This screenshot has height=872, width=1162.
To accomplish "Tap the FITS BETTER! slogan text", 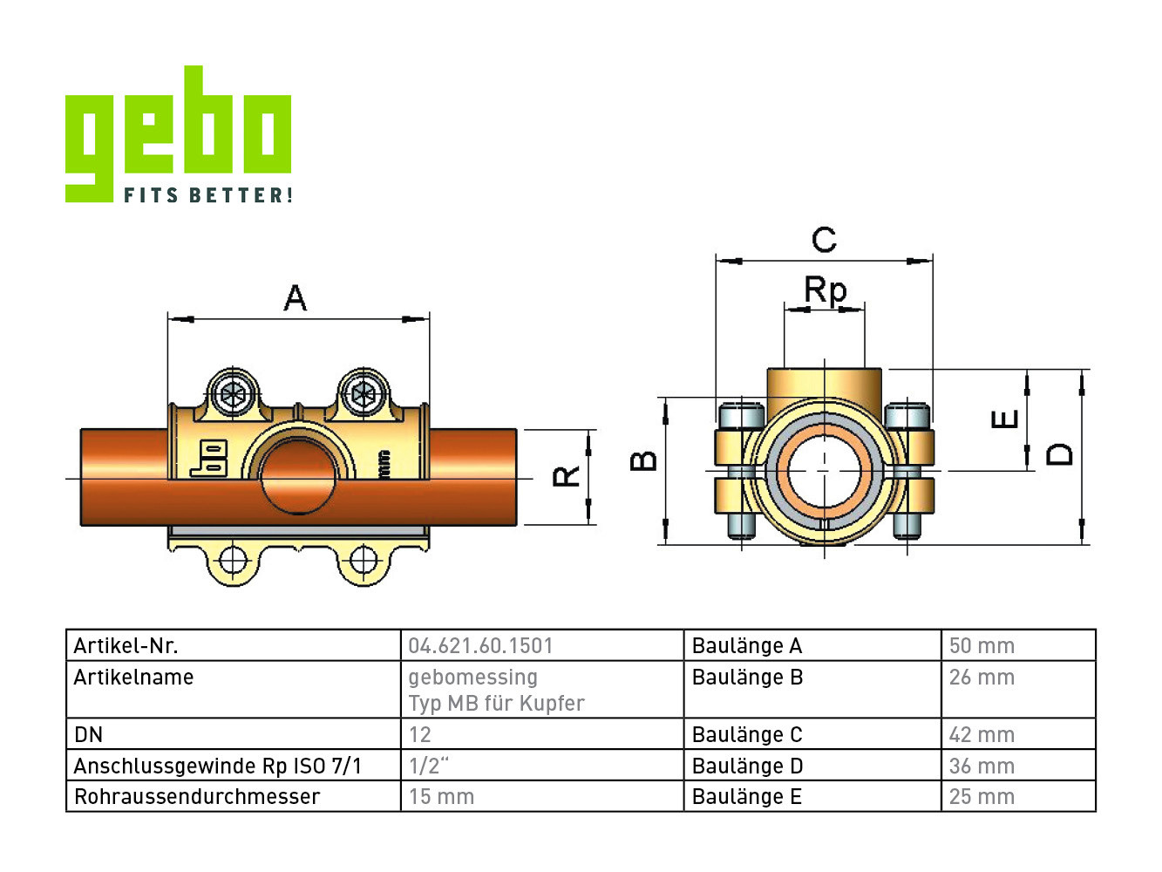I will coord(207,195).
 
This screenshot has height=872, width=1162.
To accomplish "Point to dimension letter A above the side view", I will coord(296,298).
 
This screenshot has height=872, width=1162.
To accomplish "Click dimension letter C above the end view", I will coord(824,239).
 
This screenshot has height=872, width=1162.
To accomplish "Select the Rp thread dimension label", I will coord(825,290).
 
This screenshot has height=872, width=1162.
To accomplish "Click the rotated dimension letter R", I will coord(567,476).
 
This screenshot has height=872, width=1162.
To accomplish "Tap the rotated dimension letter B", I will coord(643,460).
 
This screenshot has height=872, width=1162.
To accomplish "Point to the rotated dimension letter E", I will coord(1005,419).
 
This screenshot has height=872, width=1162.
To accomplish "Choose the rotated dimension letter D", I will coord(1060,453).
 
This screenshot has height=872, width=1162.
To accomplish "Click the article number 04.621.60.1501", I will coord(480,646).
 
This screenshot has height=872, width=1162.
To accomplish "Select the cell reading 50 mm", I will coord(982,646).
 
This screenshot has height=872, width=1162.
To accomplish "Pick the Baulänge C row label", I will coord(747,735).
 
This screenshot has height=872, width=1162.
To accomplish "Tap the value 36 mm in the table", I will coord(982,766).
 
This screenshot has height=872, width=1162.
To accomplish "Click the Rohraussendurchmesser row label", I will coord(197,797).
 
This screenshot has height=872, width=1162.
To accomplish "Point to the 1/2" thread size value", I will coord(428,766).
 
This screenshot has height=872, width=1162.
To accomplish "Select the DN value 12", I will coord(420,735).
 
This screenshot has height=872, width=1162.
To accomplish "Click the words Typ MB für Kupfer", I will coord(496,704).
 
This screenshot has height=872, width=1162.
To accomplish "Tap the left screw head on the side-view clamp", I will coord(233,394).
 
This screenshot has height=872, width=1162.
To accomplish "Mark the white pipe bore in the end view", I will coord(825,470).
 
